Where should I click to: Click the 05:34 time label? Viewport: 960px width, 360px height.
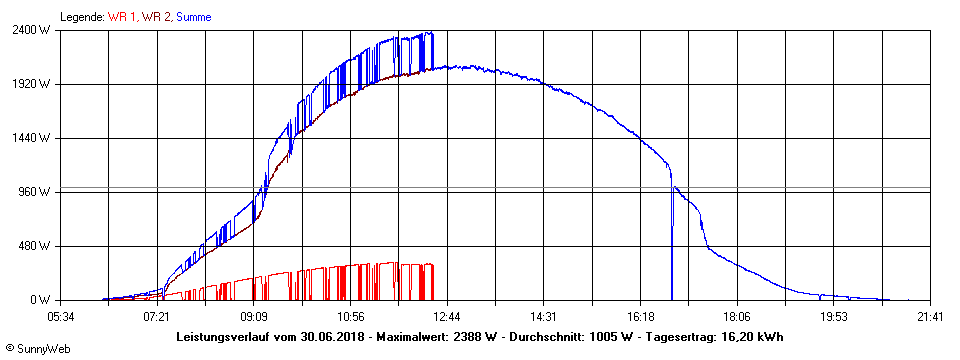[61, 317]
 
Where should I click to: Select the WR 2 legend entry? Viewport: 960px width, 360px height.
[156, 17]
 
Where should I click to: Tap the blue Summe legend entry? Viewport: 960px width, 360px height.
[193, 17]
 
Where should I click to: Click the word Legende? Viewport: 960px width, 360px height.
[81, 17]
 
